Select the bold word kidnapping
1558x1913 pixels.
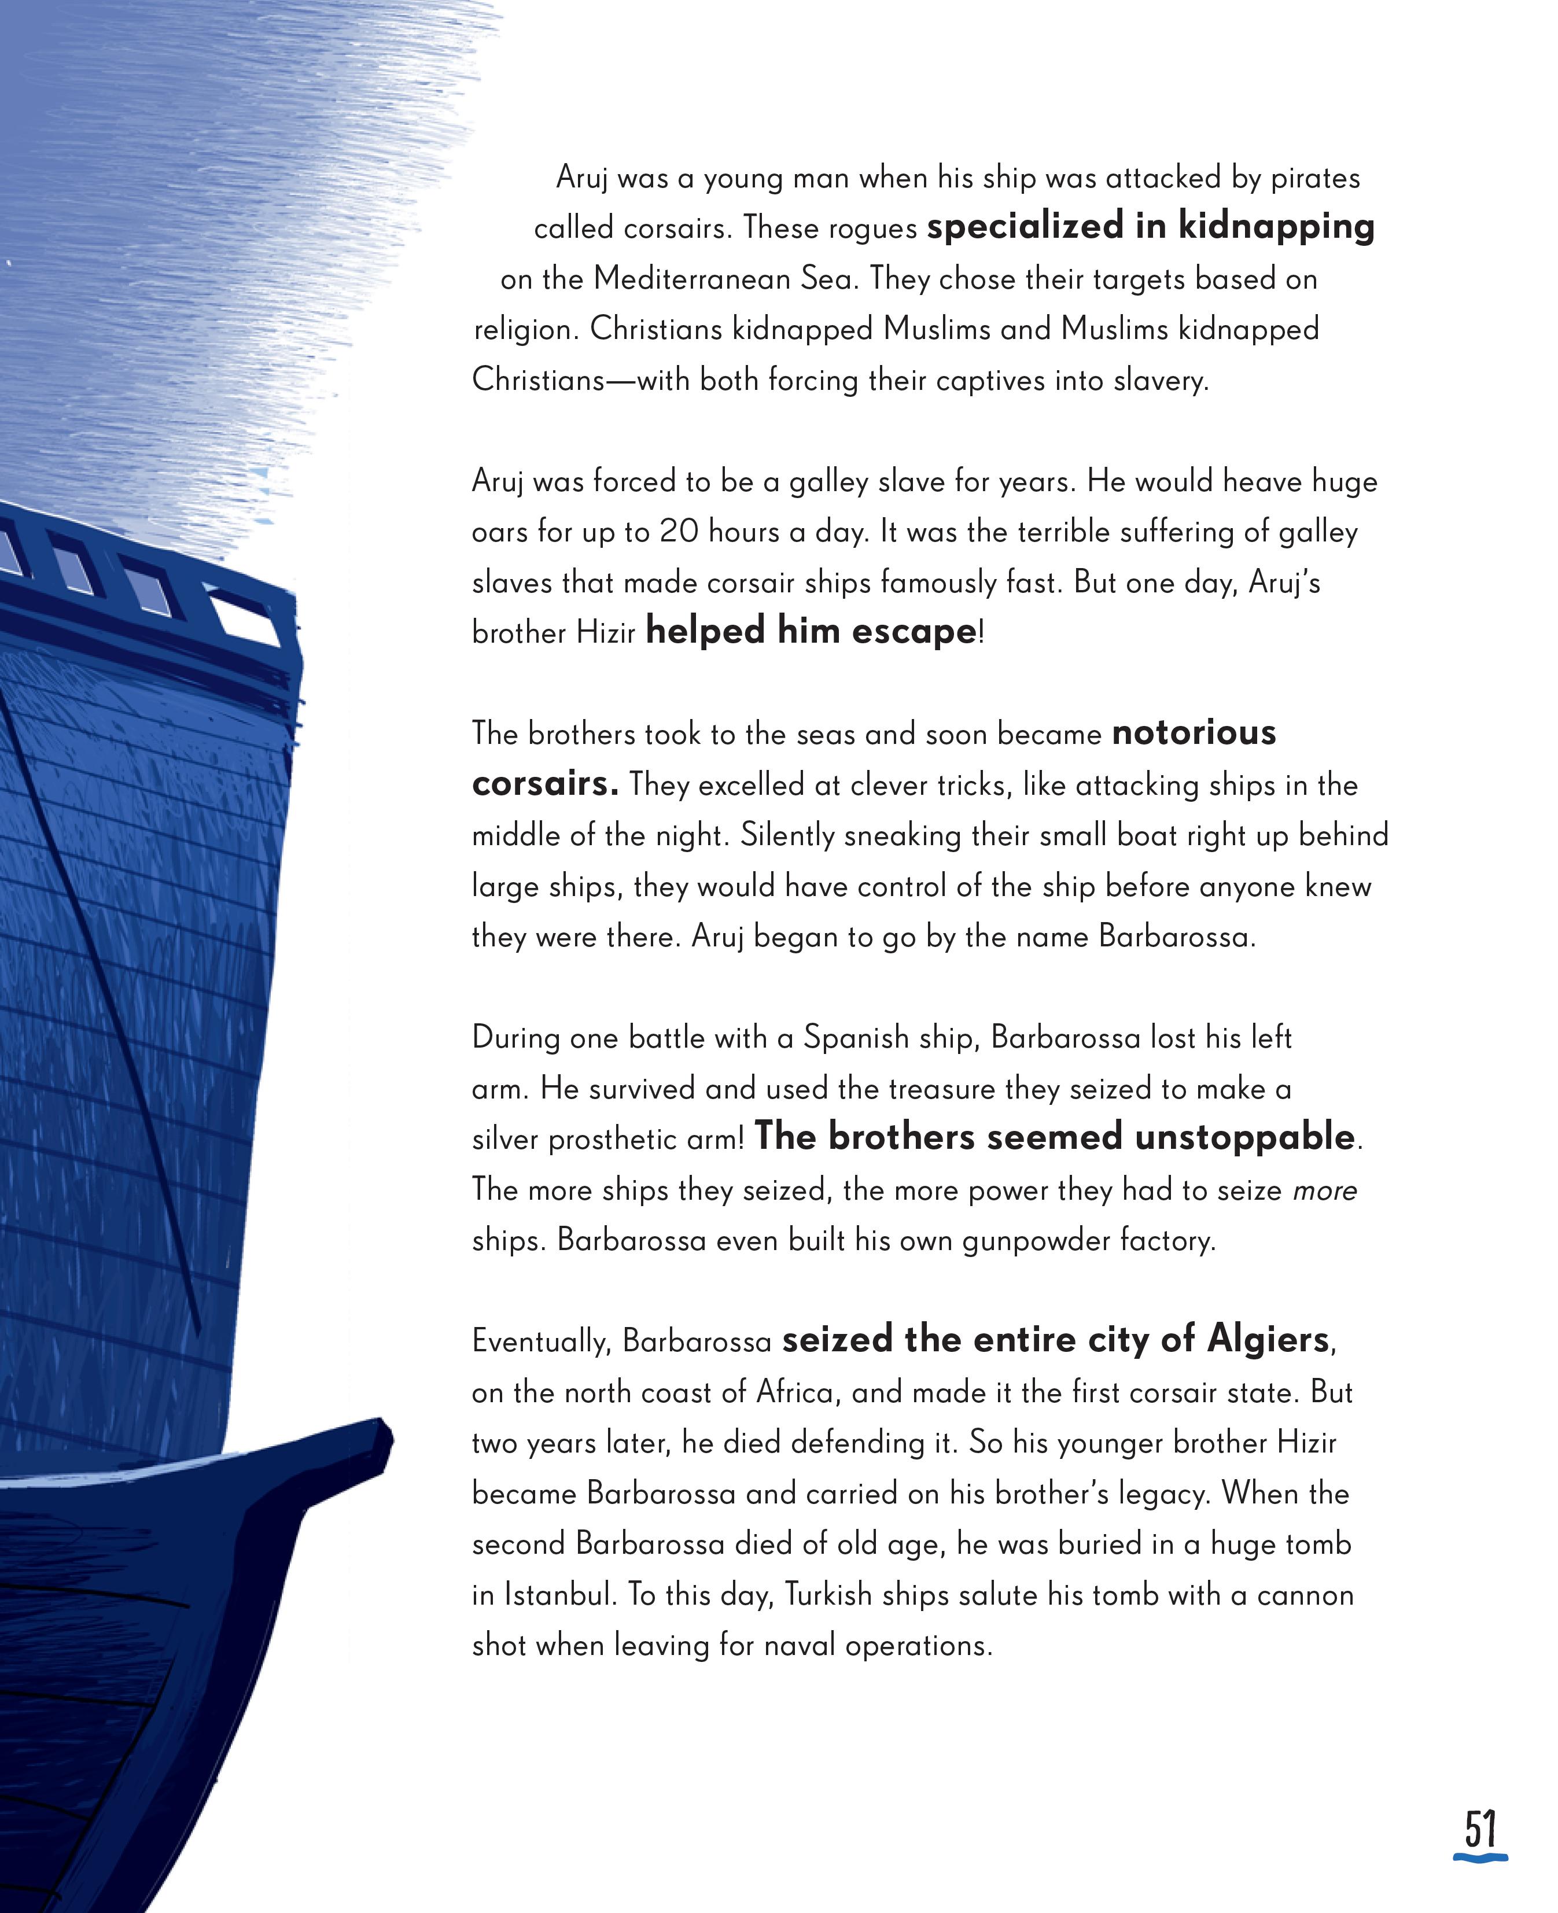(1276, 227)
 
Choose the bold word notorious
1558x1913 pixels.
(1194, 733)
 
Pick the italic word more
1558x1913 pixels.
(1325, 1190)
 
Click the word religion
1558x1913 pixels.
(524, 330)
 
